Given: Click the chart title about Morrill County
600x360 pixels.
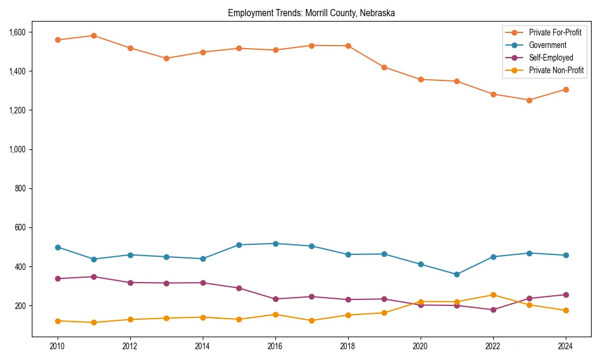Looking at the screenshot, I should click(x=311, y=13).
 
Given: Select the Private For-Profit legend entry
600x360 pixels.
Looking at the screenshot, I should click(x=555, y=32).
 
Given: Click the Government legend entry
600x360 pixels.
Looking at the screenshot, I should click(x=547, y=45).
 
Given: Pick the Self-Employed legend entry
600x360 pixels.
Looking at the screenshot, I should click(x=551, y=58).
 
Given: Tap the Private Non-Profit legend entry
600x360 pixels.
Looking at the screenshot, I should click(x=556, y=70).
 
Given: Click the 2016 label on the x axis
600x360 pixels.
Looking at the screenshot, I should click(x=275, y=347).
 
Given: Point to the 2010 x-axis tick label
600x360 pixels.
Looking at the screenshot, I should click(x=58, y=347).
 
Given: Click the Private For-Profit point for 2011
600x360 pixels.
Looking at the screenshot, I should click(x=94, y=35).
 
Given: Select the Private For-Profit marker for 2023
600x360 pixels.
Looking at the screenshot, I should click(x=529, y=100).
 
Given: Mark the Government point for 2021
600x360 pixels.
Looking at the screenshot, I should click(x=457, y=274).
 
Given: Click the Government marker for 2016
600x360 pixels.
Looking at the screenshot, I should click(x=275, y=244).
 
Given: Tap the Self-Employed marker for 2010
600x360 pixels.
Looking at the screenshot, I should click(x=58, y=278).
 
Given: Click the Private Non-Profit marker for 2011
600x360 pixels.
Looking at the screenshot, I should click(x=94, y=322).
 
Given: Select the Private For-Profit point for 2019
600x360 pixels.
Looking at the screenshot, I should click(x=384, y=67).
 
